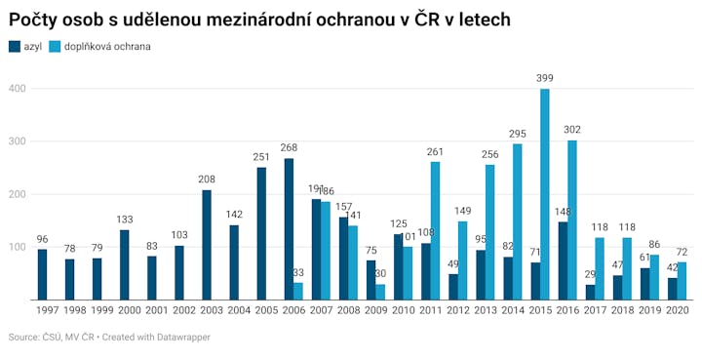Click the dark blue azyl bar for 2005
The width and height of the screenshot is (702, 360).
[261, 234]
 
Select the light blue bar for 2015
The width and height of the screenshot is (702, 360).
[545, 194]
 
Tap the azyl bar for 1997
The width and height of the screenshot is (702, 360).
[43, 274]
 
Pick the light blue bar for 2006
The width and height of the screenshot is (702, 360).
[298, 292]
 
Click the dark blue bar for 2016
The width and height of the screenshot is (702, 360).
[564, 261]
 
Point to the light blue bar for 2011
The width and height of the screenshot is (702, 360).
[435, 231]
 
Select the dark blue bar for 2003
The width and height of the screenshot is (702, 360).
[207, 245]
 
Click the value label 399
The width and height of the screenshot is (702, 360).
[545, 78]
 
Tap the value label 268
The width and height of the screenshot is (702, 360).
[289, 147]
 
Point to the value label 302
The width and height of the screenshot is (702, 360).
[572, 130]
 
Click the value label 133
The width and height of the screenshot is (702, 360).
[125, 220]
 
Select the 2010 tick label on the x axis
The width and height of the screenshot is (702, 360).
[404, 310]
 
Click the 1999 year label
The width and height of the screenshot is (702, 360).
[102, 310]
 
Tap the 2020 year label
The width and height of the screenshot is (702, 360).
[678, 310]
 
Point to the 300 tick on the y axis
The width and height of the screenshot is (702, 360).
[18, 141]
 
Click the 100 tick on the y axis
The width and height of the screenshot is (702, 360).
[18, 247]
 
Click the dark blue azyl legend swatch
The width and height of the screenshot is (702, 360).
[15, 47]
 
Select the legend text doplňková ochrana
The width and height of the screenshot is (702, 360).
[107, 47]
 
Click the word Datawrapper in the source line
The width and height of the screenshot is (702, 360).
[183, 338]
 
